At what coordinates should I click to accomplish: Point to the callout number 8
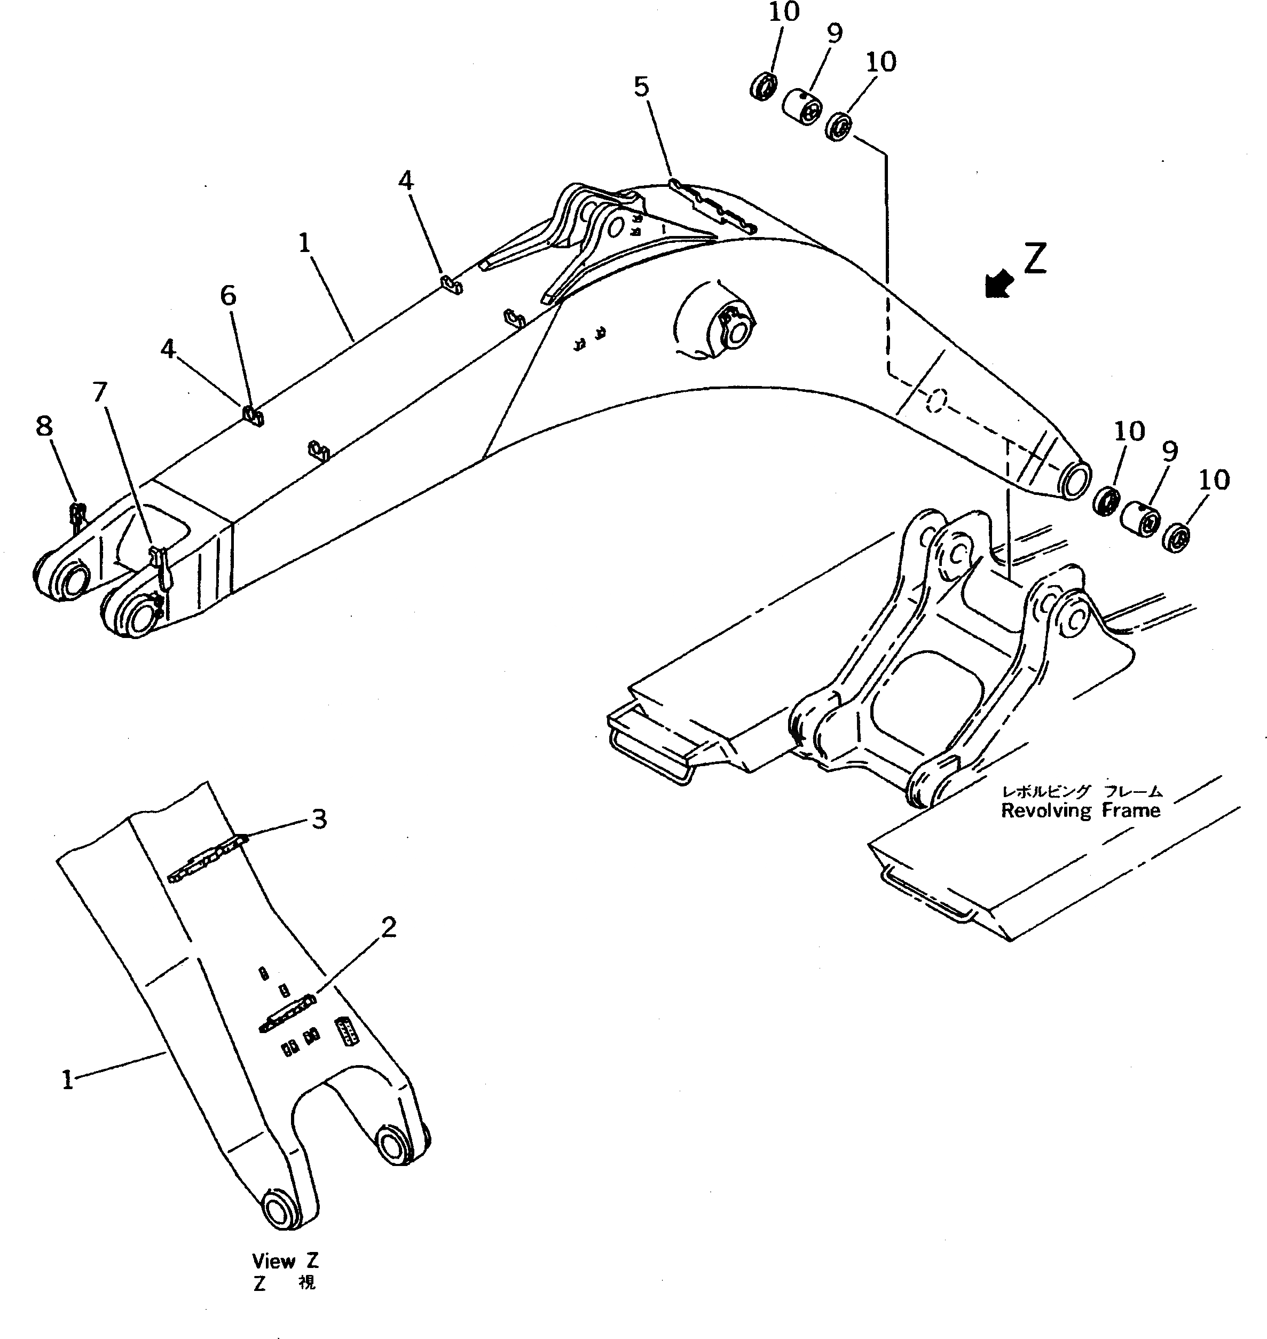(44, 426)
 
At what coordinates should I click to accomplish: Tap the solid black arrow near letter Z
(999, 283)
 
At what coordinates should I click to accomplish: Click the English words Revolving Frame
(1080, 810)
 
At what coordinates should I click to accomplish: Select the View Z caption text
(285, 1261)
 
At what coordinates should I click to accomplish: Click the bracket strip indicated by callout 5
(712, 207)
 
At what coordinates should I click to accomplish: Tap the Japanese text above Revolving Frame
(1081, 791)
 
